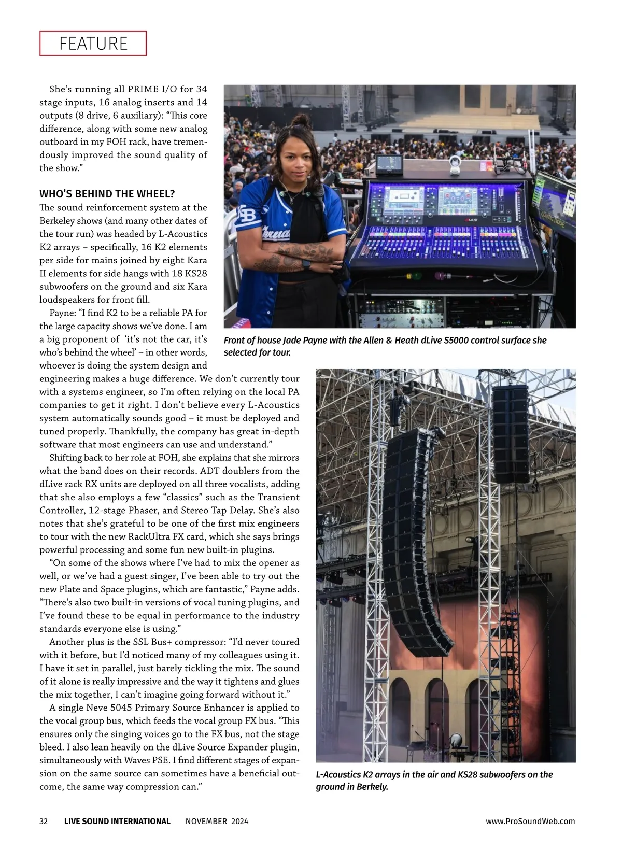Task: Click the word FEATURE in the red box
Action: click(93, 43)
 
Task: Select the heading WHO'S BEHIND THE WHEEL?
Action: click(107, 194)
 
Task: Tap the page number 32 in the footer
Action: click(44, 821)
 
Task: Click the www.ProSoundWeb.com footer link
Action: click(530, 821)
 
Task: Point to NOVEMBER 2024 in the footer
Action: click(217, 821)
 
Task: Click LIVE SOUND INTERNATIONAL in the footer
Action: click(117, 821)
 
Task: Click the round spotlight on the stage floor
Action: click(456, 739)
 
